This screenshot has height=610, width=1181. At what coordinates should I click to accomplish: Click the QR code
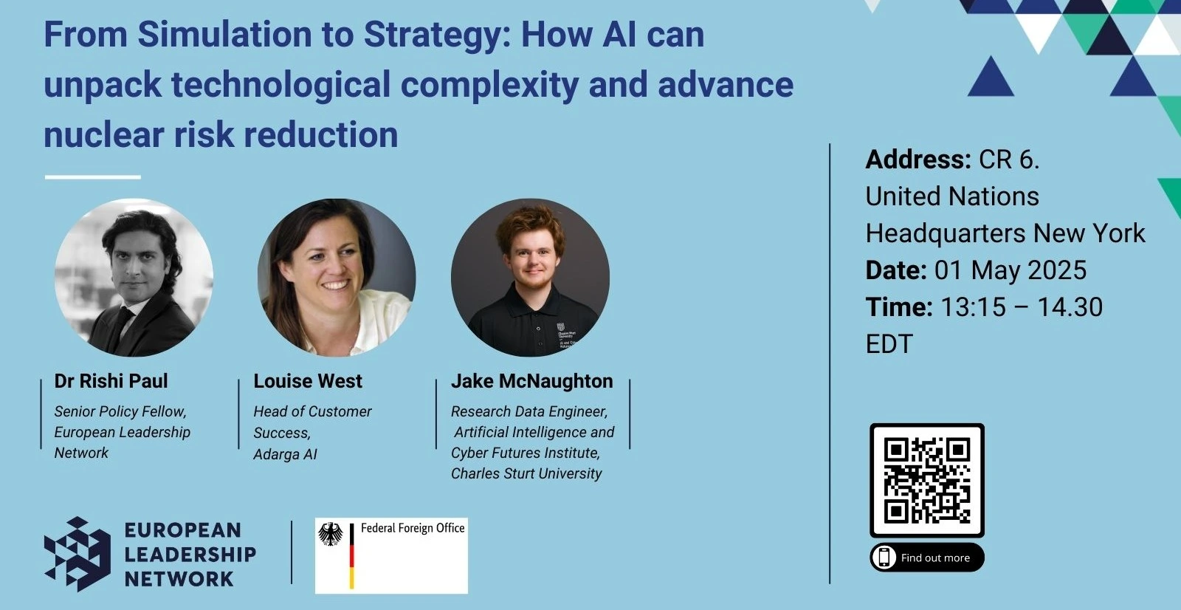[x=927, y=480]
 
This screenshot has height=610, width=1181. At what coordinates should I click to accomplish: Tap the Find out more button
[x=927, y=558]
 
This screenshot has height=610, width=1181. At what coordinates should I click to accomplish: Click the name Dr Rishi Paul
[x=111, y=381]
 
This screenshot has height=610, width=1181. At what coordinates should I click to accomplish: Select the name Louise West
[x=308, y=381]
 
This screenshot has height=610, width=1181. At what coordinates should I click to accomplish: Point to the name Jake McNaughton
[x=532, y=381]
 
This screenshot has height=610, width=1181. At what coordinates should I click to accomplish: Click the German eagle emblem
[x=331, y=534]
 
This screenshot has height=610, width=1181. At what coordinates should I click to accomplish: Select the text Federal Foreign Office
[x=413, y=528]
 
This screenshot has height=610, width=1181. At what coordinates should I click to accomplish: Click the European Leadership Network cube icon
[x=77, y=554]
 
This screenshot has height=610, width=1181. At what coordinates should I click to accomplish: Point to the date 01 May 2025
[x=1010, y=270]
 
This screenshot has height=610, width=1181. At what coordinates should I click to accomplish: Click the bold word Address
[x=918, y=160]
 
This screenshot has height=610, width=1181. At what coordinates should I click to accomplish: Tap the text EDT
[x=889, y=344]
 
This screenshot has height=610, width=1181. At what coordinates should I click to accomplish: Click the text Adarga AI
[x=285, y=454]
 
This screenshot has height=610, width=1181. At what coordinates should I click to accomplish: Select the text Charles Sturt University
[x=526, y=474]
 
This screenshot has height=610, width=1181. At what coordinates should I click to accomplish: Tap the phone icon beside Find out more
[x=884, y=558]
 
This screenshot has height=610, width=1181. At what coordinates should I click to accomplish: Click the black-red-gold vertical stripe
[x=351, y=555]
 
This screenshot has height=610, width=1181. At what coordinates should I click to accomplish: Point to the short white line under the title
[x=93, y=177]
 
